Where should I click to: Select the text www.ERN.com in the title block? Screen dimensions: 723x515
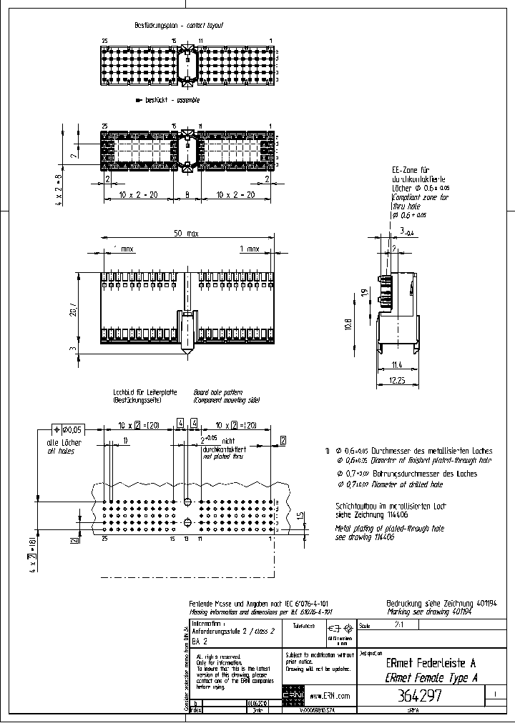[330, 696]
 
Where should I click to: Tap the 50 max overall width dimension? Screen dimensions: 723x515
[186, 234]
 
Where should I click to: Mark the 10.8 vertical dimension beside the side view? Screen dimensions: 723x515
[348, 324]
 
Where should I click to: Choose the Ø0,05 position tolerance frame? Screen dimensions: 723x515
[68, 429]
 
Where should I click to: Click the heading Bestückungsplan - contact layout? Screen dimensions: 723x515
[179, 25]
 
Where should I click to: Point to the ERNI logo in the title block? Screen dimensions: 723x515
[293, 696]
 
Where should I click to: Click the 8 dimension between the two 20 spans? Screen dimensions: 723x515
[187, 194]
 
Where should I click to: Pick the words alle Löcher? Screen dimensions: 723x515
[64, 443]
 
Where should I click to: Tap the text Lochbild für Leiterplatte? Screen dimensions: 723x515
[145, 393]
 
